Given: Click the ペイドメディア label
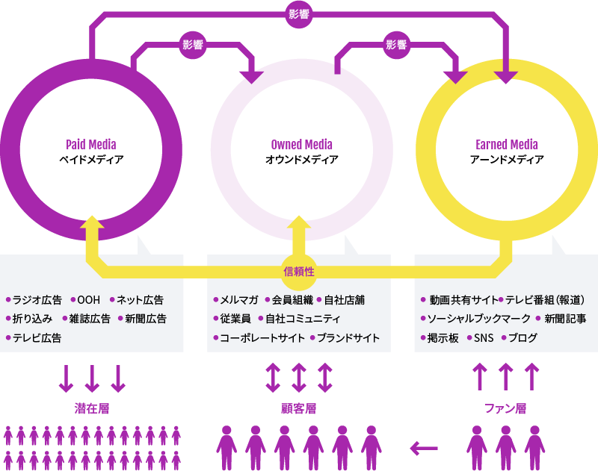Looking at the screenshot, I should pos(92,160).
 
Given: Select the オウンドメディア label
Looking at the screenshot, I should pos(302,160).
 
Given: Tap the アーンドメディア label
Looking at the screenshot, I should pos(507,160).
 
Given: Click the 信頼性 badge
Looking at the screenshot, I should pos(299,271).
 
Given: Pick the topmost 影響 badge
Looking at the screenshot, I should pos(299,14).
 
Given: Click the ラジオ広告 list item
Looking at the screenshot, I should pos(37,300).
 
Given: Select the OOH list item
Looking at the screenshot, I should pos(88,300).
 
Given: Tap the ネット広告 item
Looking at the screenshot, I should pos(140,300).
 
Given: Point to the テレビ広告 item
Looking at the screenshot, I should pos(37,338).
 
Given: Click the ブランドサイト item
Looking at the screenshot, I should pos(348,338).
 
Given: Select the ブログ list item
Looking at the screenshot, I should pos(523,338).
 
